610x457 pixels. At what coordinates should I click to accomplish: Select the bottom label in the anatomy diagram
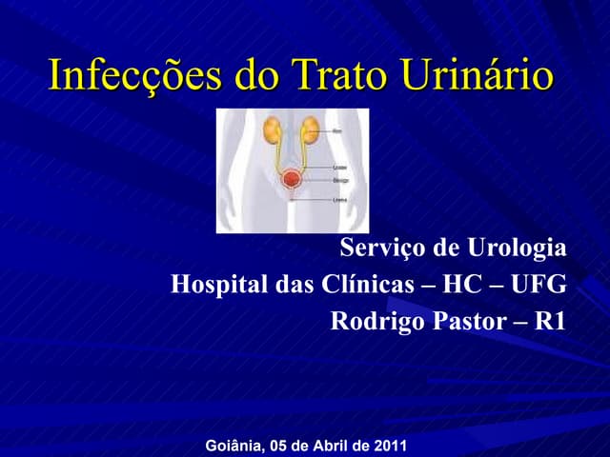pyautogui.click(x=339, y=200)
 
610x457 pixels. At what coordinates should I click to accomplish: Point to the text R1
pyautogui.click(x=551, y=321)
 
